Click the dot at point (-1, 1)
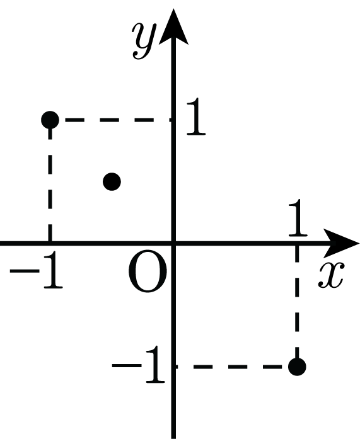(x=50, y=120)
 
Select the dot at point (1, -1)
(x=297, y=367)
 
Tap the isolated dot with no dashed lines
(x=112, y=181)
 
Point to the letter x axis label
(x=330, y=275)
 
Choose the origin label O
(x=148, y=271)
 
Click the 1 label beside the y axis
(x=196, y=117)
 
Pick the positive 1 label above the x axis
(x=298, y=218)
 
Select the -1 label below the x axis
(x=37, y=270)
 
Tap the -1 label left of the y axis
(x=139, y=365)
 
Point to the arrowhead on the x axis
(x=341, y=243)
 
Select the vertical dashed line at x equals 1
(x=297, y=302)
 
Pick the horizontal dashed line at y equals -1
(x=232, y=367)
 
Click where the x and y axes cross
(x=174, y=243)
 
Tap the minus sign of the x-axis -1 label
(x=25, y=271)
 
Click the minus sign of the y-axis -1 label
(x=126, y=365)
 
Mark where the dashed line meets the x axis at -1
(x=50, y=243)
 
